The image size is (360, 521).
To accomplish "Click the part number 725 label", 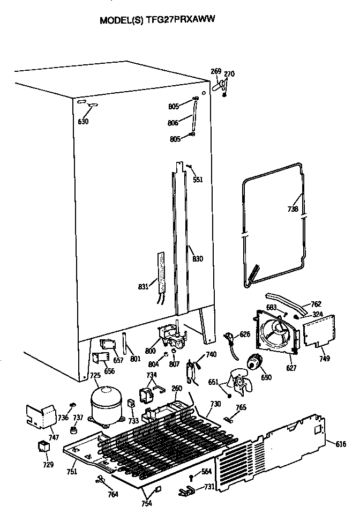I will pos(95,376).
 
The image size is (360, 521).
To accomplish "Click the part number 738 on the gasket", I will pos(293,209).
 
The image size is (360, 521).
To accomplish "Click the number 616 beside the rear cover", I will pos(341,444).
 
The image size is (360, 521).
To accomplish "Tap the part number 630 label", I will pos(83,122).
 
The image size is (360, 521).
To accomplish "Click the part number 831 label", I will pos(143,286).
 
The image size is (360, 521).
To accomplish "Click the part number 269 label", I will pos(216,72).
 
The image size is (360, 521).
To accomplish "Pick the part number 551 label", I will pos(198,180).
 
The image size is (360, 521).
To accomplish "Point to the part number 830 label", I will pos(198,259).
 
